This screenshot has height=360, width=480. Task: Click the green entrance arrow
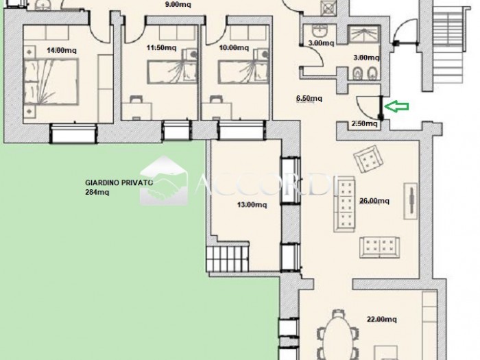[x=396, y=106]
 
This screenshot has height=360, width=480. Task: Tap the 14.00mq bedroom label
[x=62, y=50]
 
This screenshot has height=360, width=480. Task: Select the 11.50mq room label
[x=161, y=48]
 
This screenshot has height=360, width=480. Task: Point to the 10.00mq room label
[x=234, y=48]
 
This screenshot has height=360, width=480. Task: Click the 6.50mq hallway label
[x=309, y=99]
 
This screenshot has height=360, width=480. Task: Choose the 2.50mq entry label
[x=364, y=123]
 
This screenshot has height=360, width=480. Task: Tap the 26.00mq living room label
[x=374, y=201]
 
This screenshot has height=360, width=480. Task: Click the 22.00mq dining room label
[x=382, y=320]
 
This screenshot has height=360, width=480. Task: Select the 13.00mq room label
[x=252, y=204]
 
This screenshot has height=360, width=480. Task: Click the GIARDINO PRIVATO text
[x=119, y=183]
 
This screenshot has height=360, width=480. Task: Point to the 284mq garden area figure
[x=97, y=192]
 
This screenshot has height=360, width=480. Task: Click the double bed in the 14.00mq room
[x=51, y=82]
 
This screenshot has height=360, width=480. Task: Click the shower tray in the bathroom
[x=363, y=34]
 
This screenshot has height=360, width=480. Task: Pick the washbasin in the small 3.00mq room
[x=320, y=31]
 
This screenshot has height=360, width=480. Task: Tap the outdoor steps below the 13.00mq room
[x=228, y=259]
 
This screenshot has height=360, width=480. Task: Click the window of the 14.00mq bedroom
[x=73, y=133]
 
